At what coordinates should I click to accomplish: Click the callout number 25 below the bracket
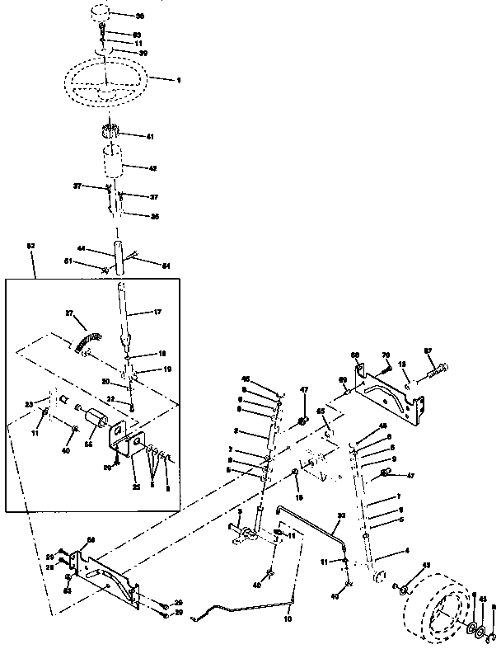(137, 487)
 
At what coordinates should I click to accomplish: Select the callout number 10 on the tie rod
(288, 618)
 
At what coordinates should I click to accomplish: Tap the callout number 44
(82, 247)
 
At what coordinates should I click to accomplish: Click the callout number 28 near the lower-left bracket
(49, 568)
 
